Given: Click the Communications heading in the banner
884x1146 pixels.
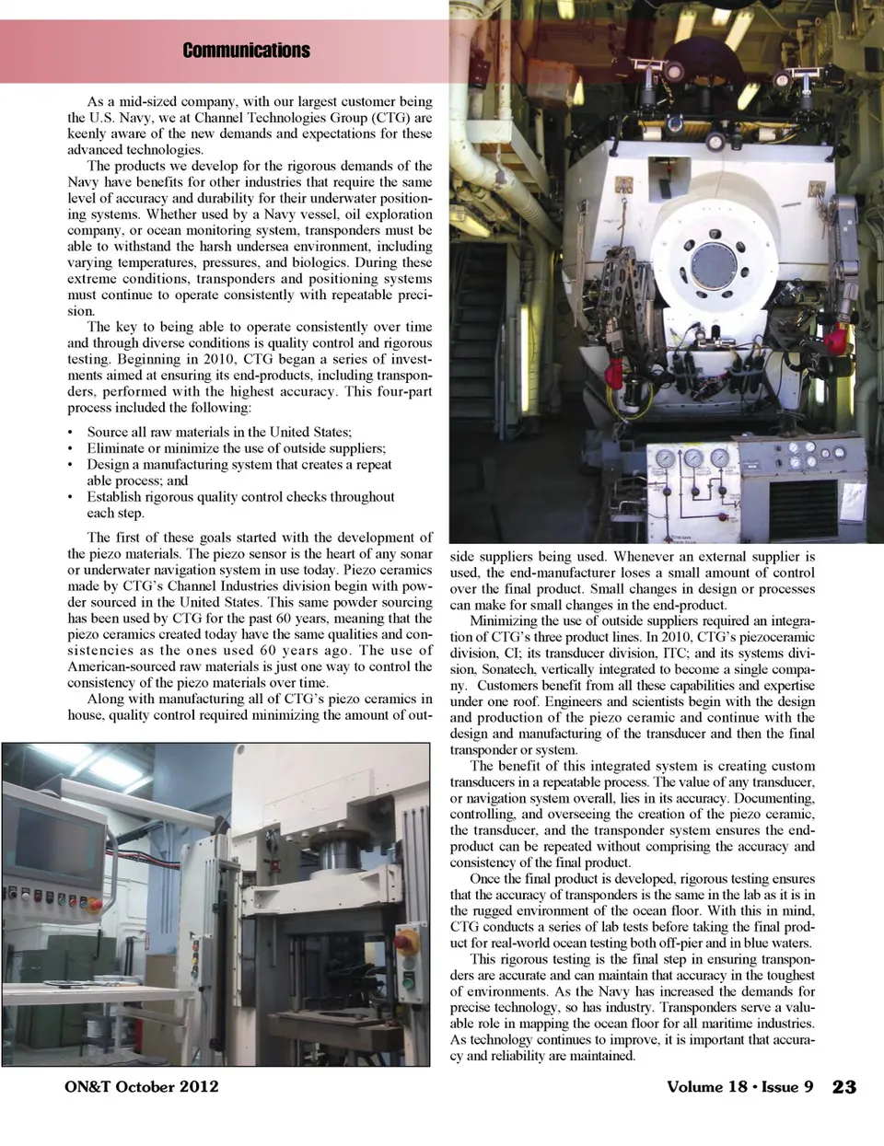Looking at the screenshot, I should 246,51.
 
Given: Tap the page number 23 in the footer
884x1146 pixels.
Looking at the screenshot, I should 843,1087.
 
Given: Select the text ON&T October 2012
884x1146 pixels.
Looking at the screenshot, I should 135,1086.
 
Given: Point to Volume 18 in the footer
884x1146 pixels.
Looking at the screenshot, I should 706,1087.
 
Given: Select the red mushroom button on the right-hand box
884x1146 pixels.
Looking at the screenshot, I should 405,943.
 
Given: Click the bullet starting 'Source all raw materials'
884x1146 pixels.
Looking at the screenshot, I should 219,432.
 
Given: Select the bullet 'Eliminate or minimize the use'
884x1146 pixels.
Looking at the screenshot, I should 236,448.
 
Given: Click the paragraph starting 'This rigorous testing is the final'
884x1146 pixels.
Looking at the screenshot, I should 633,1007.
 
